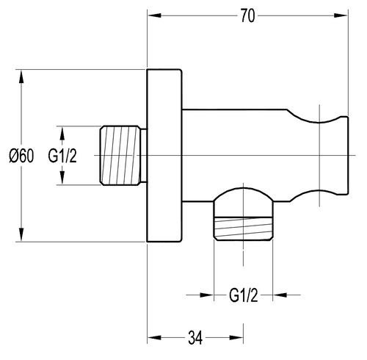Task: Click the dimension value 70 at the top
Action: tap(247, 16)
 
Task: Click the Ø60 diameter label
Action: tap(23, 156)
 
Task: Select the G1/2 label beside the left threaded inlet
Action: tap(64, 156)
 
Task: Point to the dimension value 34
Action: tap(195, 338)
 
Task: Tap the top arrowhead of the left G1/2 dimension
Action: tap(64, 132)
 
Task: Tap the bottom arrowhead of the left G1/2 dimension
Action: tap(64, 180)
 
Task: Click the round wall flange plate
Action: tap(164, 156)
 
